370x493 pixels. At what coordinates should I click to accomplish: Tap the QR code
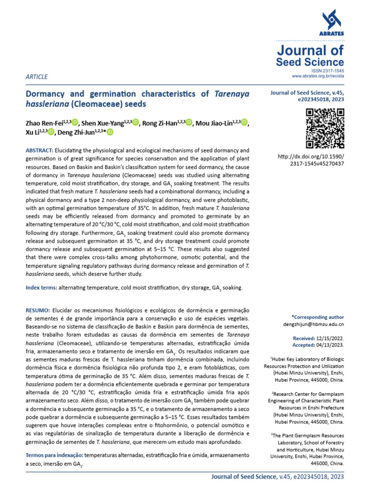tap(325, 129)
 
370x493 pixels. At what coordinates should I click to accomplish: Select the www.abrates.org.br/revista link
tap(318, 77)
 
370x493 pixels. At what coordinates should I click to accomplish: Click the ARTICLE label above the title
tap(37, 77)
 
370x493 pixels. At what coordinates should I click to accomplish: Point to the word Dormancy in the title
tap(47, 94)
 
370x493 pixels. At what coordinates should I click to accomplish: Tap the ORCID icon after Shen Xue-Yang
tap(136, 123)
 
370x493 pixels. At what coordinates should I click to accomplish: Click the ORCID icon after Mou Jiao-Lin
tap(244, 123)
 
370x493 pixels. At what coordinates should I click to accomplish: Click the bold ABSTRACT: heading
tap(40, 151)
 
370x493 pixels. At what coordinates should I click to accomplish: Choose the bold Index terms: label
tap(41, 287)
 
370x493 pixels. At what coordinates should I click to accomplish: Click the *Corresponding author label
tap(317, 317)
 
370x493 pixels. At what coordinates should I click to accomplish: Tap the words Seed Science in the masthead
tap(310, 62)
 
